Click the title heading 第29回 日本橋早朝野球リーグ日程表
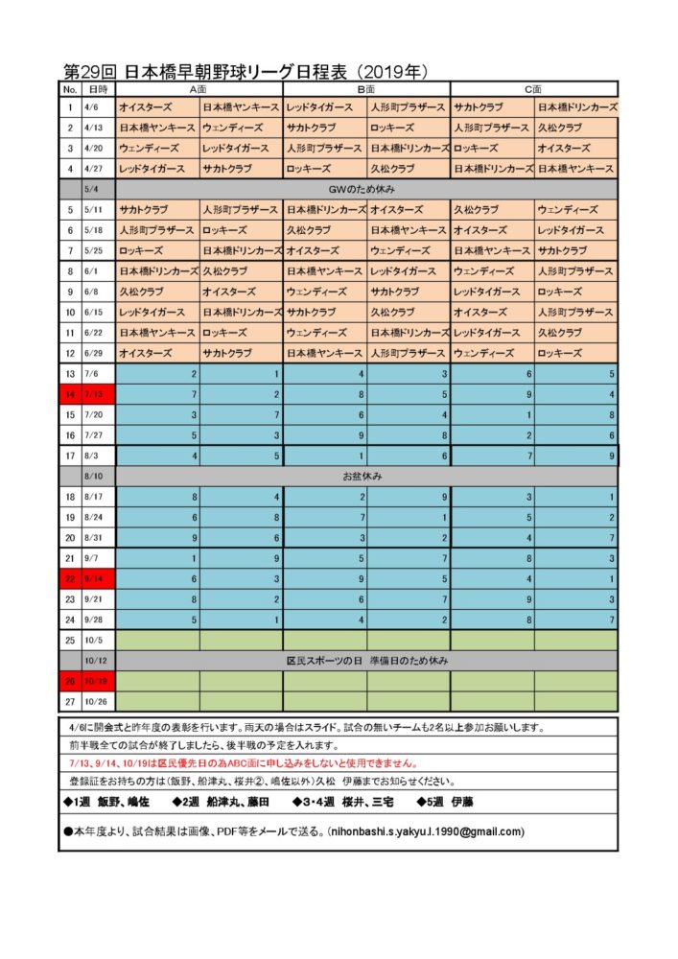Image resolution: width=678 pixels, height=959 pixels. (x=245, y=73)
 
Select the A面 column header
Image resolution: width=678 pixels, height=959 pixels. (x=199, y=88)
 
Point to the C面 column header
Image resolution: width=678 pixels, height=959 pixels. (x=533, y=88)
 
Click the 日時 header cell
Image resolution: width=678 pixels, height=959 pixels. (x=97, y=88)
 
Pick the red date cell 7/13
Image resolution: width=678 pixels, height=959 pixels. (x=97, y=394)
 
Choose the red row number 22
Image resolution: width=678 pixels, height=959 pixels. (x=70, y=578)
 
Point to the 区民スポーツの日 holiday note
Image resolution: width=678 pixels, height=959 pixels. (x=367, y=661)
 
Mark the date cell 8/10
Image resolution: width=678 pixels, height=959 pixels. (x=97, y=476)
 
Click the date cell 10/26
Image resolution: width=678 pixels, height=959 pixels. (x=97, y=702)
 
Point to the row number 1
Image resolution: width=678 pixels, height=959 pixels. (x=70, y=107)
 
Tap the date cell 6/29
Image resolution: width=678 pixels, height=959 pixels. (x=95, y=353)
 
